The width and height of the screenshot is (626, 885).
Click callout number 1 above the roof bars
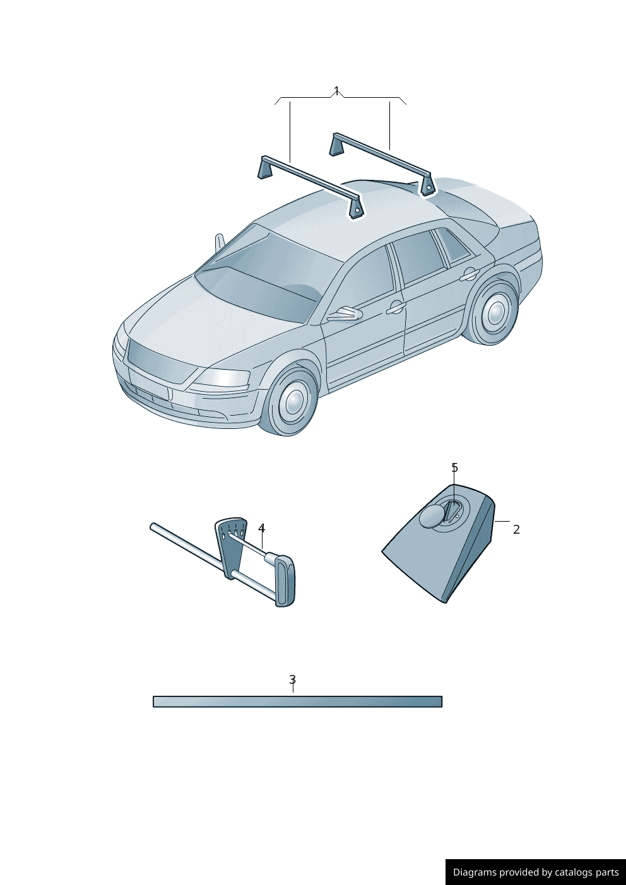[336, 91]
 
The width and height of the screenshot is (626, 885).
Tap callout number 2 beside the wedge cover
[516, 529]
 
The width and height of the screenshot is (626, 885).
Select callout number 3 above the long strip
[292, 679]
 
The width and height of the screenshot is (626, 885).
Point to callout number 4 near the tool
[262, 528]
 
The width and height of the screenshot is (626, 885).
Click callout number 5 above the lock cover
[454, 468]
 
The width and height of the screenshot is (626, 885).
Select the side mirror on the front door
[345, 314]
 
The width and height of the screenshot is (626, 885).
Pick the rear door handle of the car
[470, 274]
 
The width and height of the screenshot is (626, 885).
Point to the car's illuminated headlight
[223, 378]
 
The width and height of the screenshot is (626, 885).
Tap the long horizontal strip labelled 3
[298, 701]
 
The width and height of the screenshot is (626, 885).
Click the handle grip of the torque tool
[285, 581]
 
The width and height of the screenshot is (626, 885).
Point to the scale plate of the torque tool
[231, 547]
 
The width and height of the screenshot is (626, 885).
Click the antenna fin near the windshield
[220, 243]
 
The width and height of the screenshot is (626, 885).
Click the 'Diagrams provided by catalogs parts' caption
[536, 872]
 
